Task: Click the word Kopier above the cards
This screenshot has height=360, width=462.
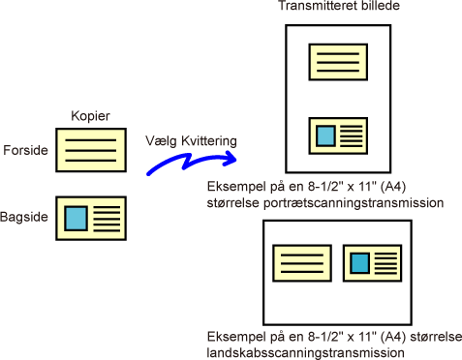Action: pyautogui.click(x=90, y=116)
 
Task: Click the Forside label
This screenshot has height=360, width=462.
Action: pyautogui.click(x=25, y=150)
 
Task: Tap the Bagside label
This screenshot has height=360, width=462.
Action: pyautogui.click(x=24, y=217)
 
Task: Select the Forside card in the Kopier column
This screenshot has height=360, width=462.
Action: pyautogui.click(x=91, y=150)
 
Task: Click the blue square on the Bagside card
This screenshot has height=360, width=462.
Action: pyautogui.click(x=77, y=219)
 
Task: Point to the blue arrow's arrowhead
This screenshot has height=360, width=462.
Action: pyautogui.click(x=231, y=159)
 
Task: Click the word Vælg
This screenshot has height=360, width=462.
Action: pyautogui.click(x=161, y=141)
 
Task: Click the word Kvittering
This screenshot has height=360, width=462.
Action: pyautogui.click(x=209, y=141)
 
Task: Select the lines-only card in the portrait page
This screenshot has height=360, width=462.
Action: pyautogui.click(x=338, y=62)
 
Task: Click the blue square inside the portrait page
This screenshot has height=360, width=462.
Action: pyautogui.click(x=325, y=135)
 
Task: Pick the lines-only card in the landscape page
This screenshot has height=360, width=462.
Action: pyautogui.click(x=302, y=263)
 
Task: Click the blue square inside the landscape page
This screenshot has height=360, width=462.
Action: pyautogui.click(x=360, y=263)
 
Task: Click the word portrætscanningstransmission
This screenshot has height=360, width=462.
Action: pyautogui.click(x=354, y=203)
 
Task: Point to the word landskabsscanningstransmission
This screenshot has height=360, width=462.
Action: pyautogui.click(x=305, y=353)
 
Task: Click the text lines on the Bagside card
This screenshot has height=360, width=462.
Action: pyautogui.click(x=107, y=219)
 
